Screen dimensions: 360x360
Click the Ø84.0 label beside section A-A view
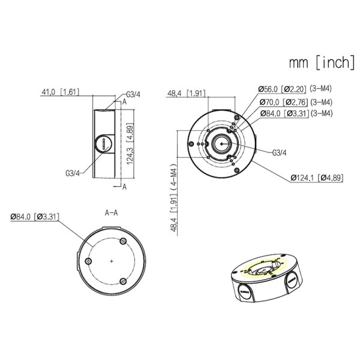34,216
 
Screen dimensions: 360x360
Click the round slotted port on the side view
104,145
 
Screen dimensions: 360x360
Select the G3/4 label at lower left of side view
73,173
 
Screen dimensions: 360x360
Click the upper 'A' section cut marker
124,102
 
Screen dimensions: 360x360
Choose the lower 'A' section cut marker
124,187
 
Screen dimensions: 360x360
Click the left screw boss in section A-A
89,262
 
